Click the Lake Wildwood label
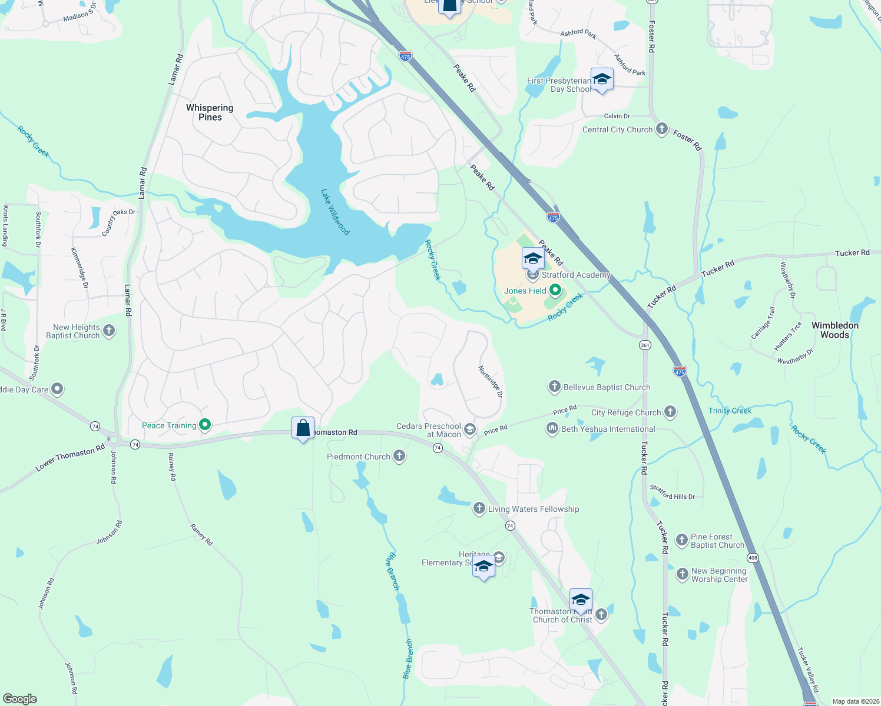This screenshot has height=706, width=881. coord(335,212)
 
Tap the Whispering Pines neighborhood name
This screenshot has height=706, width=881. coord(210,112)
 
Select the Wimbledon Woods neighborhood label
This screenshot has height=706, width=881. coord(835,330)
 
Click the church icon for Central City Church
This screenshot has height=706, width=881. coord(662,129)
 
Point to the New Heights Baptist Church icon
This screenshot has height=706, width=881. coord(109,331)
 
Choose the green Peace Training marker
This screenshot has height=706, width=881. coord(205,425)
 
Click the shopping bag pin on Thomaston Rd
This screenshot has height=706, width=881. coord(303,428)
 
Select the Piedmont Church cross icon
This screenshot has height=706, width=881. coord(399,456)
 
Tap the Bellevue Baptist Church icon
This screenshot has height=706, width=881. coord(554,387)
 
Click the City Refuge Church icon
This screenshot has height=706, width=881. coord(670,412)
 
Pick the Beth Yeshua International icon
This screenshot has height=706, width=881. coord(552,428)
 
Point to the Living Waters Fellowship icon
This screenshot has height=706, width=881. coord(479,508)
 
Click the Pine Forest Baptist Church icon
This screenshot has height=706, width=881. coord(681,540)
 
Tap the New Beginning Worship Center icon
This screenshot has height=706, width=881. coord(682,574)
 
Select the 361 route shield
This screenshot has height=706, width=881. coord(645,345)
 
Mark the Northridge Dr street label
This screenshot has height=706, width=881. coord(490,381)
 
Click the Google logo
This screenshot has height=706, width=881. coord(19,699)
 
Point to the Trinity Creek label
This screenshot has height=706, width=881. coord(730,411)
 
